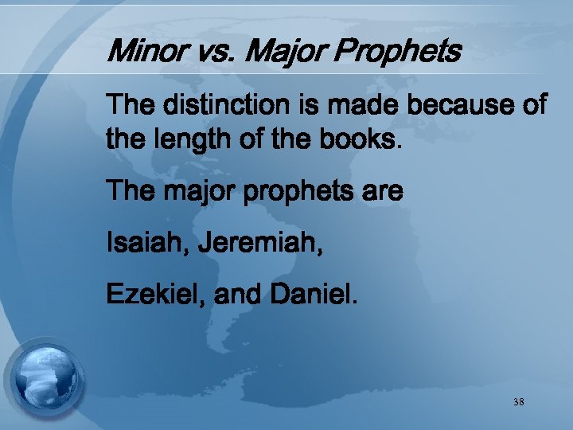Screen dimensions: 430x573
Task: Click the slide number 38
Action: [518, 402]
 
